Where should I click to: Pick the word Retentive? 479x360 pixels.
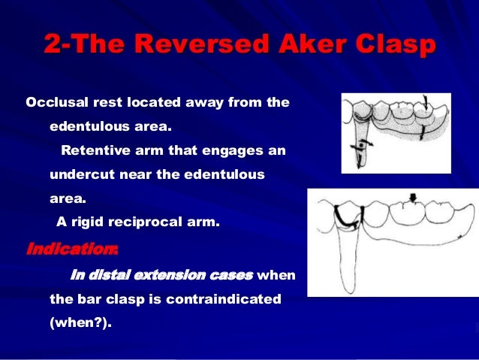(97, 150)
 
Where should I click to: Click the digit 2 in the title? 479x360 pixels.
(51, 46)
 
